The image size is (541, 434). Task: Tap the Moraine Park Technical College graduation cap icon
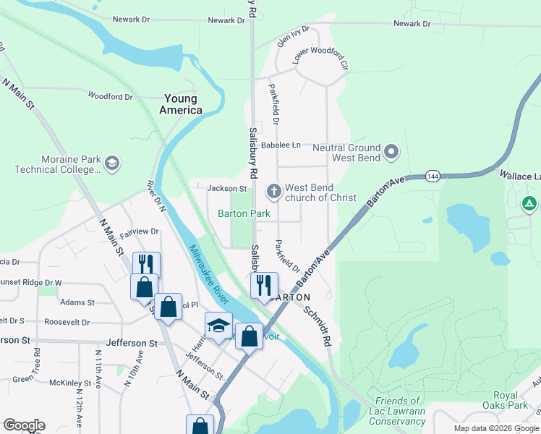[x=112, y=163]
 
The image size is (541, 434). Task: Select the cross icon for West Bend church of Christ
[x=273, y=192]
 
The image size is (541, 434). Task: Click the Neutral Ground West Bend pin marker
[x=391, y=152]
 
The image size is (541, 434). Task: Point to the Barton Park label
[x=244, y=213]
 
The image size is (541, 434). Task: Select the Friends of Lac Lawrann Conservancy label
[x=397, y=411]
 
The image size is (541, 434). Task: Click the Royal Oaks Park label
[x=495, y=401]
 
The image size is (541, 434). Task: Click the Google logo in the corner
[x=24, y=425]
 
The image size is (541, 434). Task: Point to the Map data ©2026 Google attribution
[x=495, y=428]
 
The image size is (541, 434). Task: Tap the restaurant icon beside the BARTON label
[x=264, y=284]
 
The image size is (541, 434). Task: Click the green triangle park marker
[x=529, y=203]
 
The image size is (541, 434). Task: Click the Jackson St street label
[x=227, y=188]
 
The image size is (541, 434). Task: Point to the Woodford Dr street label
[x=110, y=95]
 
